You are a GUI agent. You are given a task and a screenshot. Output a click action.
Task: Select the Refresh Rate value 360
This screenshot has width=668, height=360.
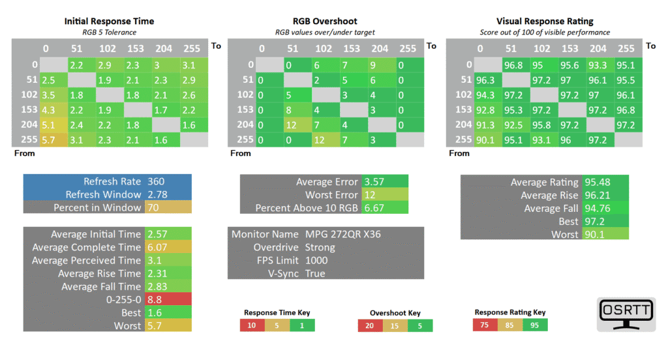point(157,181)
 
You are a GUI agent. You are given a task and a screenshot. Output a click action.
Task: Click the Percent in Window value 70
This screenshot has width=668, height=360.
point(153,207)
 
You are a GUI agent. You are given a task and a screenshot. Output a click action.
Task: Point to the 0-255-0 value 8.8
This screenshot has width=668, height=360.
point(155,299)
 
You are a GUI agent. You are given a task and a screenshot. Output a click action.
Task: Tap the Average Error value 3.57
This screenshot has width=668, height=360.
point(375,182)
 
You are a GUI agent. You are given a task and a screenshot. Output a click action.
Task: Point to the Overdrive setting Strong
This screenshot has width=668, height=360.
point(320,247)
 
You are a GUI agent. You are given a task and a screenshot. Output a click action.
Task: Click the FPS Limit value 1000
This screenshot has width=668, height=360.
point(316,260)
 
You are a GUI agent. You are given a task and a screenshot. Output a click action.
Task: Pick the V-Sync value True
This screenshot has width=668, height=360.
point(314,273)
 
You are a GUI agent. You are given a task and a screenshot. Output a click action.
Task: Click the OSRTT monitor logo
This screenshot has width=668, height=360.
point(626,315)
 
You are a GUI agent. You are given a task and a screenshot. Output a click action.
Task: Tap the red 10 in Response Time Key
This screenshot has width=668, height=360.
point(251,325)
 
